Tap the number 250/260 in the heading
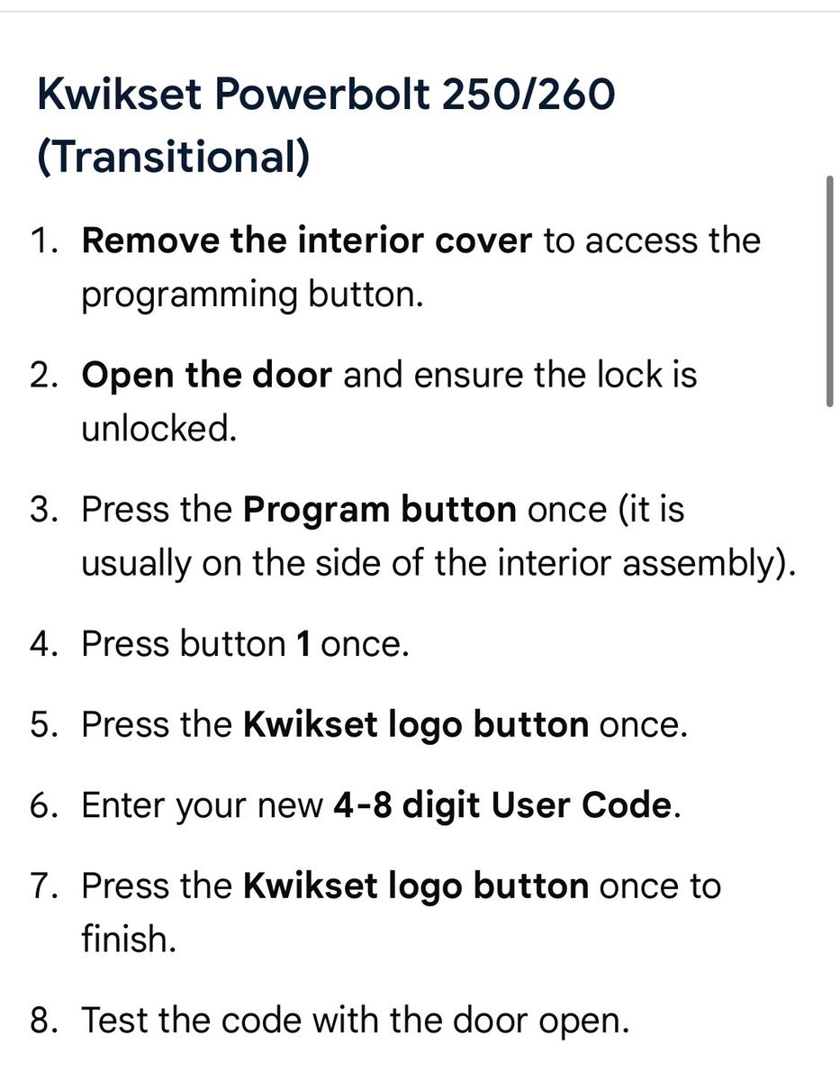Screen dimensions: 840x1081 coord(528,95)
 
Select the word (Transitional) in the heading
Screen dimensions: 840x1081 coord(174,156)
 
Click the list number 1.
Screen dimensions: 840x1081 coord(44,241)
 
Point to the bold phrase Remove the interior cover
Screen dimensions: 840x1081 coord(307,241)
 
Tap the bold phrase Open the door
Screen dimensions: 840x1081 coord(207,376)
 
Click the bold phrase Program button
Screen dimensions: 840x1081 coord(380,512)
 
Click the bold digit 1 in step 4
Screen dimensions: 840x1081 coord(303,645)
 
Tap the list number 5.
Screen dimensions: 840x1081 coord(44,725)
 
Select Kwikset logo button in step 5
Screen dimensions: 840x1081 coord(416,726)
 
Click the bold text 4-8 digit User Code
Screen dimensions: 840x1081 coord(502,807)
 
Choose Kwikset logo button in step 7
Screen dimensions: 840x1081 coord(416,887)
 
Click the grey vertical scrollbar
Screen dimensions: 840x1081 coord(829,291)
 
